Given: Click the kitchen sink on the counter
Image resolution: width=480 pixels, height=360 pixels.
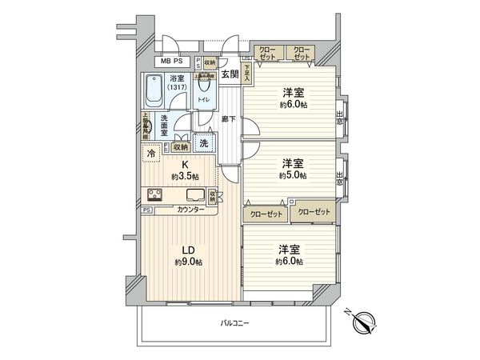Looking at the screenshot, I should pyautogui.click(x=194, y=195).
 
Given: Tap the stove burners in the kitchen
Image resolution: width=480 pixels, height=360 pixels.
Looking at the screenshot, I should pyautogui.click(x=154, y=195).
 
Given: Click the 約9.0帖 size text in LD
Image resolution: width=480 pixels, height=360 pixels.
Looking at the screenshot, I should pyautogui.click(x=189, y=262).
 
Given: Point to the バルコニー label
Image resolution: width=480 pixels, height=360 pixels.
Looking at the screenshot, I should pyautogui.click(x=234, y=322).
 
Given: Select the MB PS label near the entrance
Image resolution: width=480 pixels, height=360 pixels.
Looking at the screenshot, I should pyautogui.click(x=172, y=61).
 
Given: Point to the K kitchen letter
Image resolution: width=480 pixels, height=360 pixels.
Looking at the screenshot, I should pyautogui.click(x=183, y=165).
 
